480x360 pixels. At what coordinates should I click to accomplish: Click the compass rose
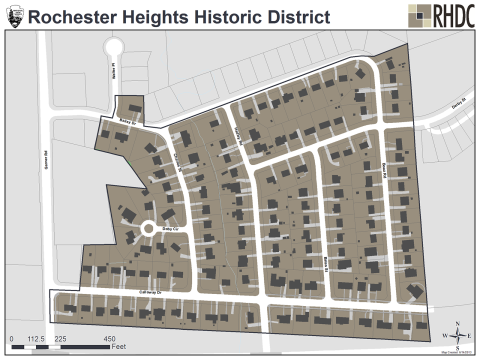click(456, 333)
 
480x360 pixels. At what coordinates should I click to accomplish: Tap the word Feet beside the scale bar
click(118, 347)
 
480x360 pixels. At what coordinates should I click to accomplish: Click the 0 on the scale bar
click(11, 338)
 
